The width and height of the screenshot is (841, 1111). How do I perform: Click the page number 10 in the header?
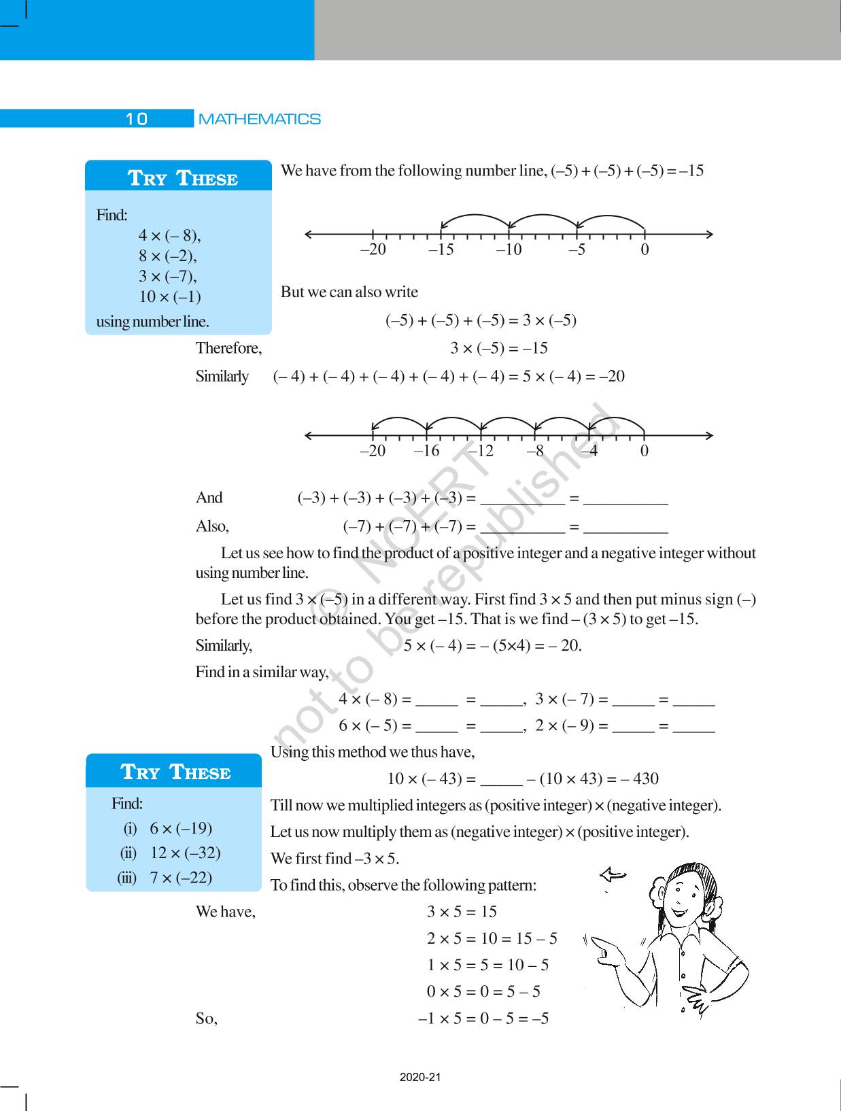(x=136, y=119)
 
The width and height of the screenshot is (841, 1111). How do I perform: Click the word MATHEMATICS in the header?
(x=259, y=119)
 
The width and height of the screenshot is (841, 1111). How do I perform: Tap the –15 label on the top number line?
(x=441, y=250)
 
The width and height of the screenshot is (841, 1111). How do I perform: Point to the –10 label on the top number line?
(x=509, y=250)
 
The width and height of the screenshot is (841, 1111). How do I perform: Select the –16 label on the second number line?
(x=426, y=451)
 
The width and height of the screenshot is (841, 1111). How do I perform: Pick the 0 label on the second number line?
(x=644, y=451)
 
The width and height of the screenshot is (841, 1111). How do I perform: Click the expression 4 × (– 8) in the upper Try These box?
(x=169, y=235)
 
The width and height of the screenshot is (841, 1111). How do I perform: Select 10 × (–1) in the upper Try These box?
(x=169, y=296)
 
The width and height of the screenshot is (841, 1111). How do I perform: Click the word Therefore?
(x=228, y=348)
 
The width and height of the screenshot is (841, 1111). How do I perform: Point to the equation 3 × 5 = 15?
(x=462, y=912)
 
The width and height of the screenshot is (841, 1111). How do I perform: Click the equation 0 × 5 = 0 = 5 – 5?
(x=483, y=991)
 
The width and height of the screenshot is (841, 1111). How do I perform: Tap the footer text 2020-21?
(x=420, y=1077)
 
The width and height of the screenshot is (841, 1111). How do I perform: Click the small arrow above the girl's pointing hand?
(x=613, y=875)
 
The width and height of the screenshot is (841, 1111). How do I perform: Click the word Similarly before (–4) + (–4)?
(x=222, y=376)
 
